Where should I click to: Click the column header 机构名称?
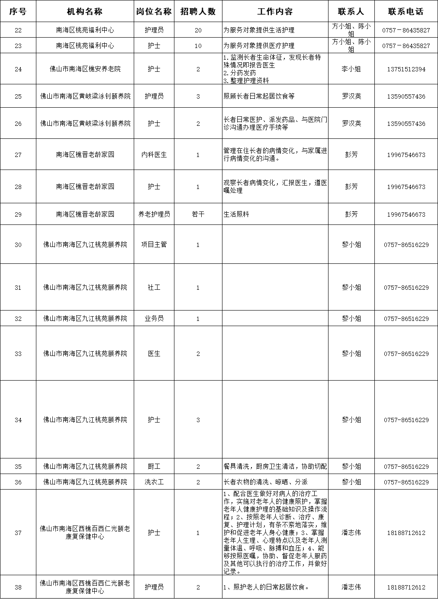(x=85, y=11)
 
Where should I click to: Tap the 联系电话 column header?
(x=406, y=11)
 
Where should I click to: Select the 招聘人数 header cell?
(x=198, y=11)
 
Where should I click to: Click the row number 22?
(x=18, y=30)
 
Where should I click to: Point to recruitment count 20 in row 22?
(x=198, y=30)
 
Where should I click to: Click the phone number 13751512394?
(x=406, y=69)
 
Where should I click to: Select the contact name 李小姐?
(x=351, y=69)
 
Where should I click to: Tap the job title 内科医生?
(x=154, y=155)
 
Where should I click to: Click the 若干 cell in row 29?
(x=198, y=215)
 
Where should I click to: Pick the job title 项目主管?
(x=154, y=245)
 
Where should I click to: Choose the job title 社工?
(x=154, y=288)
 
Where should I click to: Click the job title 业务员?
(x=154, y=319)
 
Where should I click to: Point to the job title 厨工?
(x=154, y=467)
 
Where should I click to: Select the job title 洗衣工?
(x=154, y=482)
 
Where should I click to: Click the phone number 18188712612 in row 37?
(x=406, y=533)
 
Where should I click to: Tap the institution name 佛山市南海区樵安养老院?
(x=85, y=69)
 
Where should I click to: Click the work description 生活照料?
(x=236, y=215)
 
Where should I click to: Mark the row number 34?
(x=18, y=420)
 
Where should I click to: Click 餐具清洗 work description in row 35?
(x=275, y=467)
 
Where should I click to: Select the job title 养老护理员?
(x=154, y=215)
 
